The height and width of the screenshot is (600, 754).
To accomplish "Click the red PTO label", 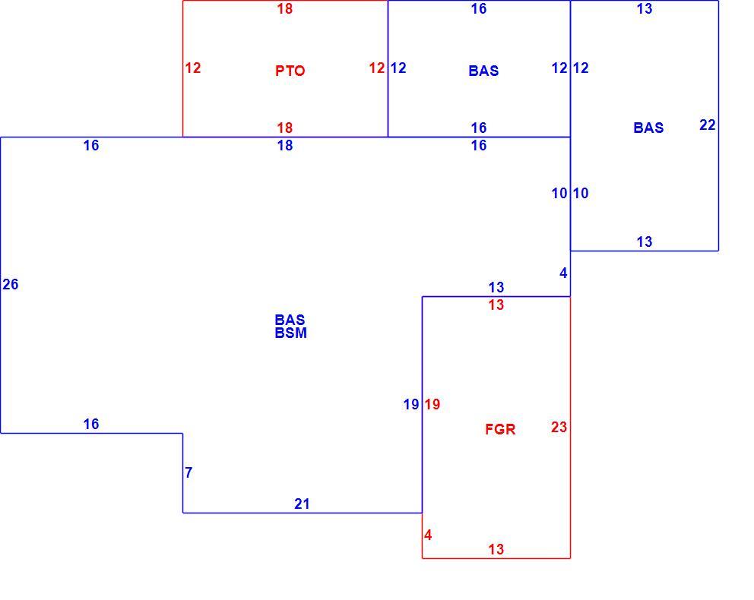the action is [290, 71].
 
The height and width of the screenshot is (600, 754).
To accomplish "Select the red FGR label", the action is [500, 429].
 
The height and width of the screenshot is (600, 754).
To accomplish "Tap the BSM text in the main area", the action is [290, 333].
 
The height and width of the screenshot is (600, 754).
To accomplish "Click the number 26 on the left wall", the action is [11, 284].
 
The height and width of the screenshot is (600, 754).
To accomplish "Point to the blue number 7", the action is [189, 472].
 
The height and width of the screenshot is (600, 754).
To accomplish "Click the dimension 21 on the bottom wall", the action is [302, 504].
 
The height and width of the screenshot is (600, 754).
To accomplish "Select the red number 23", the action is [559, 427].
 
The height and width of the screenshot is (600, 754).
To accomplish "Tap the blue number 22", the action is [708, 125].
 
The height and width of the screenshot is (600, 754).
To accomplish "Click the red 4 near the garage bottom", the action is [428, 535].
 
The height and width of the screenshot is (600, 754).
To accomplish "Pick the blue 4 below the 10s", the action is [563, 273].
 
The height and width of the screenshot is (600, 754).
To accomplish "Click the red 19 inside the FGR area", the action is [432, 405].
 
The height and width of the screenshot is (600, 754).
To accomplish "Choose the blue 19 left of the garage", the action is [411, 405].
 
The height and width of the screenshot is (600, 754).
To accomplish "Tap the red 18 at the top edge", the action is [285, 8].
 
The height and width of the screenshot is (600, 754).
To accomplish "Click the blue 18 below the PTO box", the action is [285, 146].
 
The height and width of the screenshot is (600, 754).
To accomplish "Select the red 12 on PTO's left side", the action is [193, 68].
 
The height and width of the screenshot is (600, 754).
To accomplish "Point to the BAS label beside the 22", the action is [648, 128].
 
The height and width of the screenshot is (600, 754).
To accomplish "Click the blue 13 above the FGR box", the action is [496, 287].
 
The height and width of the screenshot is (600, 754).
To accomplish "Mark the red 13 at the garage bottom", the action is [496, 549].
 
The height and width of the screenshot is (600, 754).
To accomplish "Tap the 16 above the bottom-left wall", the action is [91, 425].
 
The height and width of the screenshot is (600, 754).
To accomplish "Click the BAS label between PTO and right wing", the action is [483, 71].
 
